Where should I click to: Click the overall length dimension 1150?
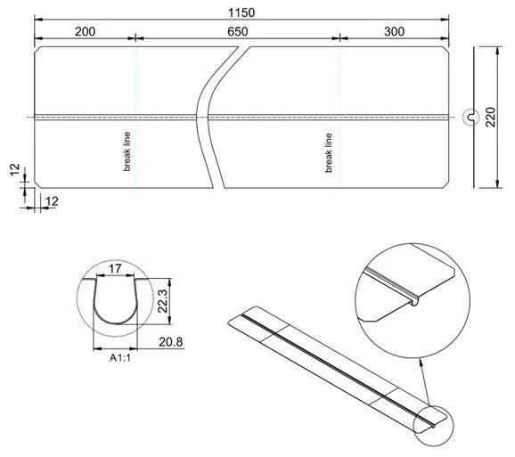[241, 12]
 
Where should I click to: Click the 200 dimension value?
[85, 31]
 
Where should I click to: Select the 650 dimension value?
[238, 31]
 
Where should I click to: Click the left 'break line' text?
[127, 152]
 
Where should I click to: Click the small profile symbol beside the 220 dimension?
[470, 117]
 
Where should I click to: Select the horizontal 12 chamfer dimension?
[51, 202]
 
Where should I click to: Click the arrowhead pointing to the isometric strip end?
[428, 401]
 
